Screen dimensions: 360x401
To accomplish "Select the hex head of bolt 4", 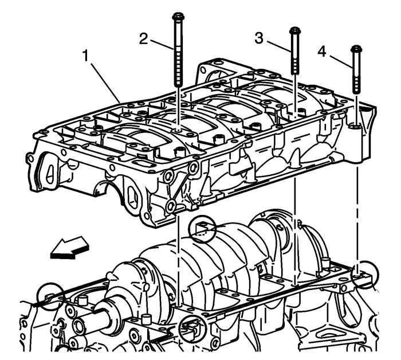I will [356, 48].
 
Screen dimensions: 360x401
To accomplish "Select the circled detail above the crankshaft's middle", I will [204, 230].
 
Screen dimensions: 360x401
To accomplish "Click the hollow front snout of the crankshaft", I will [81, 318].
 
